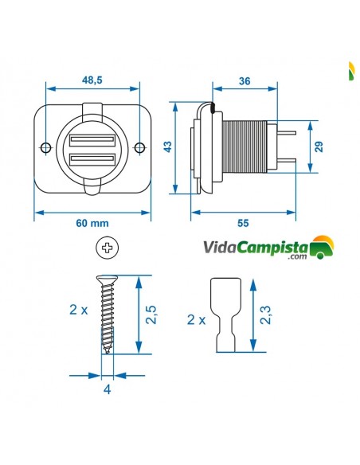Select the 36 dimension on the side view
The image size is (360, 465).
(244, 80)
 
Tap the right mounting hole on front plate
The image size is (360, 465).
(139, 148)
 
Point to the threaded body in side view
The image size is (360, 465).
(247, 148)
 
